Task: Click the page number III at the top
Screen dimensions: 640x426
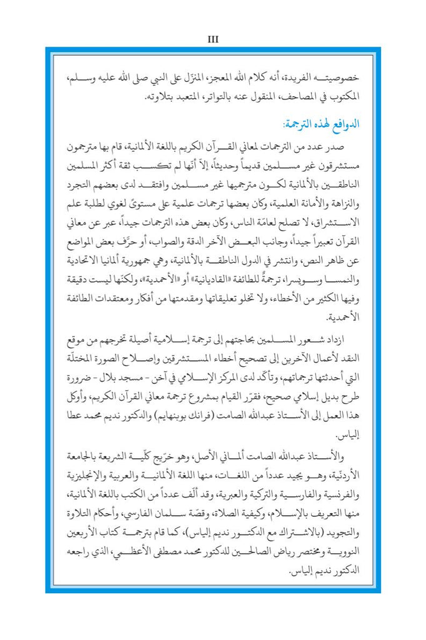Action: click(212, 38)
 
